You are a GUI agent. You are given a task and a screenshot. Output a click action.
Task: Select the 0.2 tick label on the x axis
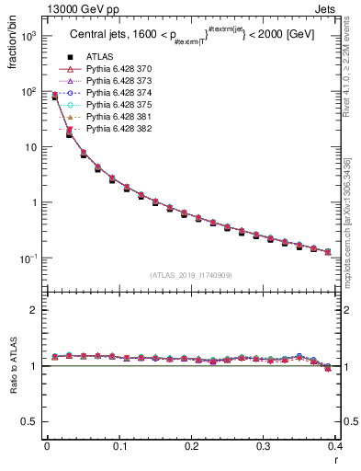tap(191, 448)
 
